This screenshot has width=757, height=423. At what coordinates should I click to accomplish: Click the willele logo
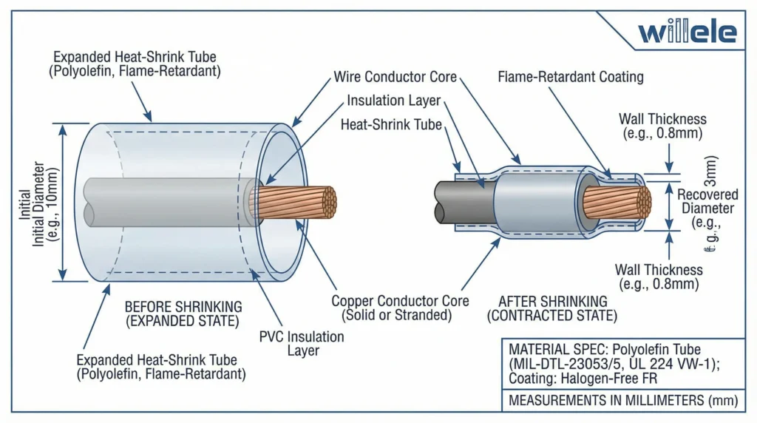pyautogui.click(x=688, y=33)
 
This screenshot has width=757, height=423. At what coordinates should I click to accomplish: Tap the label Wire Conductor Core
pyautogui.click(x=396, y=77)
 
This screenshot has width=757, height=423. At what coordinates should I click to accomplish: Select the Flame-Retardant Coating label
pyautogui.click(x=571, y=77)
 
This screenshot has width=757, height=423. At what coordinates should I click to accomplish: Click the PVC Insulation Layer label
pyautogui.click(x=302, y=343)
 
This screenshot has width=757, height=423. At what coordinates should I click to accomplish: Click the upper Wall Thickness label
pyautogui.click(x=662, y=126)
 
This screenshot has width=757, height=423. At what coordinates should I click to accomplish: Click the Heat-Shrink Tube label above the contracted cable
pyautogui.click(x=391, y=125)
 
